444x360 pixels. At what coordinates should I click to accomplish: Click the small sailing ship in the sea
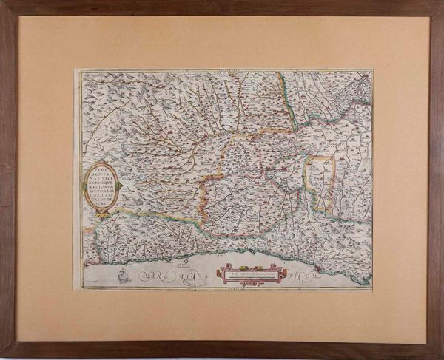(x=118, y=278)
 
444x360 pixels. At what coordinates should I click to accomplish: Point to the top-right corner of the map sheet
(x=372, y=69)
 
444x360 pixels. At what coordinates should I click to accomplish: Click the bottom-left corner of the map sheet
(x=73, y=291)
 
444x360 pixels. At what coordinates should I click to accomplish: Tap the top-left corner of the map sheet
(x=74, y=69)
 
